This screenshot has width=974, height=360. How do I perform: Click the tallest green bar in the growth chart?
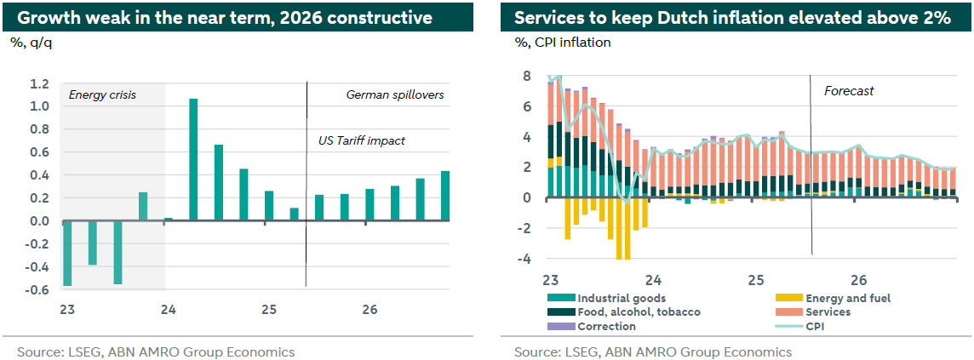(x=193, y=159)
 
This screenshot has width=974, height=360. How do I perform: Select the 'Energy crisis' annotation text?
(x=102, y=95)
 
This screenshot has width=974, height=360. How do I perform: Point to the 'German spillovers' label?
(x=395, y=95)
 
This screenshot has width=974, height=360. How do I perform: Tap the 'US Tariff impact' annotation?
(x=356, y=140)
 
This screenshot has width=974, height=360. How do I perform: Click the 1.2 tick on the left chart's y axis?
(x=38, y=84)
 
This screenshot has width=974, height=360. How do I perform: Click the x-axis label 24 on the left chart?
(x=168, y=311)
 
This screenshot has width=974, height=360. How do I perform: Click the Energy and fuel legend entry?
(x=846, y=298)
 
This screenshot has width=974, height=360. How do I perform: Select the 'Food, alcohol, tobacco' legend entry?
(x=639, y=312)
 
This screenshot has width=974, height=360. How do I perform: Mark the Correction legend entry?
(x=606, y=327)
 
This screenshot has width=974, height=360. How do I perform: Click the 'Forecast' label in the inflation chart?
(x=849, y=91)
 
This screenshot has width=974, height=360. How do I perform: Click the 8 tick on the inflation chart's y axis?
(x=526, y=77)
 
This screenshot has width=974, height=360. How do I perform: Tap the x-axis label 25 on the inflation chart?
(x=755, y=280)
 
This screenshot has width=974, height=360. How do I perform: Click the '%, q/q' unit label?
(x=31, y=42)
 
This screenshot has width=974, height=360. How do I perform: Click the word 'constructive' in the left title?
(x=379, y=17)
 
